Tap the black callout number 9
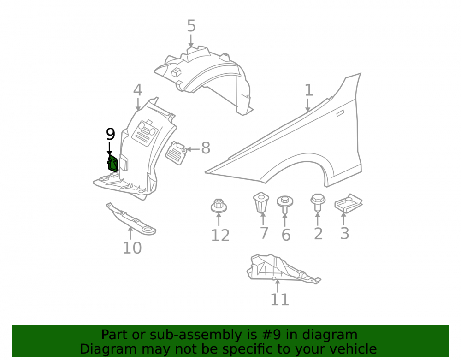coord(110,134)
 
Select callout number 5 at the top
coord(191,26)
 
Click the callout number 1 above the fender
coord(308,90)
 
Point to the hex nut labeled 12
coord(219,206)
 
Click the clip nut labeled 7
coord(261,203)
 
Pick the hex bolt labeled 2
coord(318,202)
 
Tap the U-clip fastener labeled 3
coord(349,203)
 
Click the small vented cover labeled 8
coord(176,153)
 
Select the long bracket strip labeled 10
coord(131,219)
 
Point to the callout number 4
coord(137,90)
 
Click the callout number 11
coord(280,300)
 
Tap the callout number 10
coord(132,248)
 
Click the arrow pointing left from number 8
coord(193,149)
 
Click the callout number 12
coord(220,236)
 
